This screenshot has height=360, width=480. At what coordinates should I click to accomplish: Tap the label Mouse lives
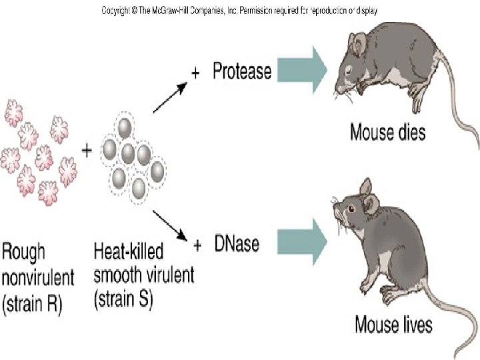tap(393, 325)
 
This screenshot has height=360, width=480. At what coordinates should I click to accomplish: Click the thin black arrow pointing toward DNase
tap(170, 227)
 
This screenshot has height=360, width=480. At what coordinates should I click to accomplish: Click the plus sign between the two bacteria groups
tap(87, 151)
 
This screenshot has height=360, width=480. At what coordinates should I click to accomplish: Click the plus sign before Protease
tap(195, 73)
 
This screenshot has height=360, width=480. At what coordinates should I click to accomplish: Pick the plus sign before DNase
tap(197, 246)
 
